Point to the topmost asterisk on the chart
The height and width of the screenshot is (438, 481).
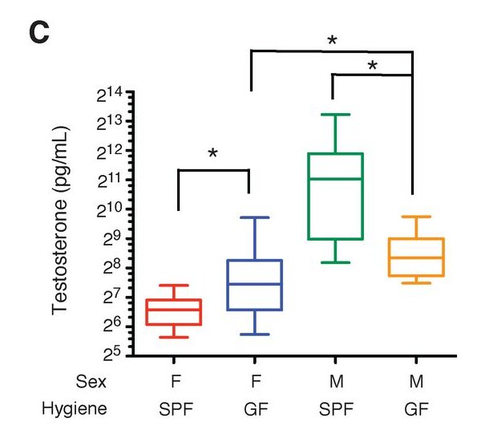tap(331, 40)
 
